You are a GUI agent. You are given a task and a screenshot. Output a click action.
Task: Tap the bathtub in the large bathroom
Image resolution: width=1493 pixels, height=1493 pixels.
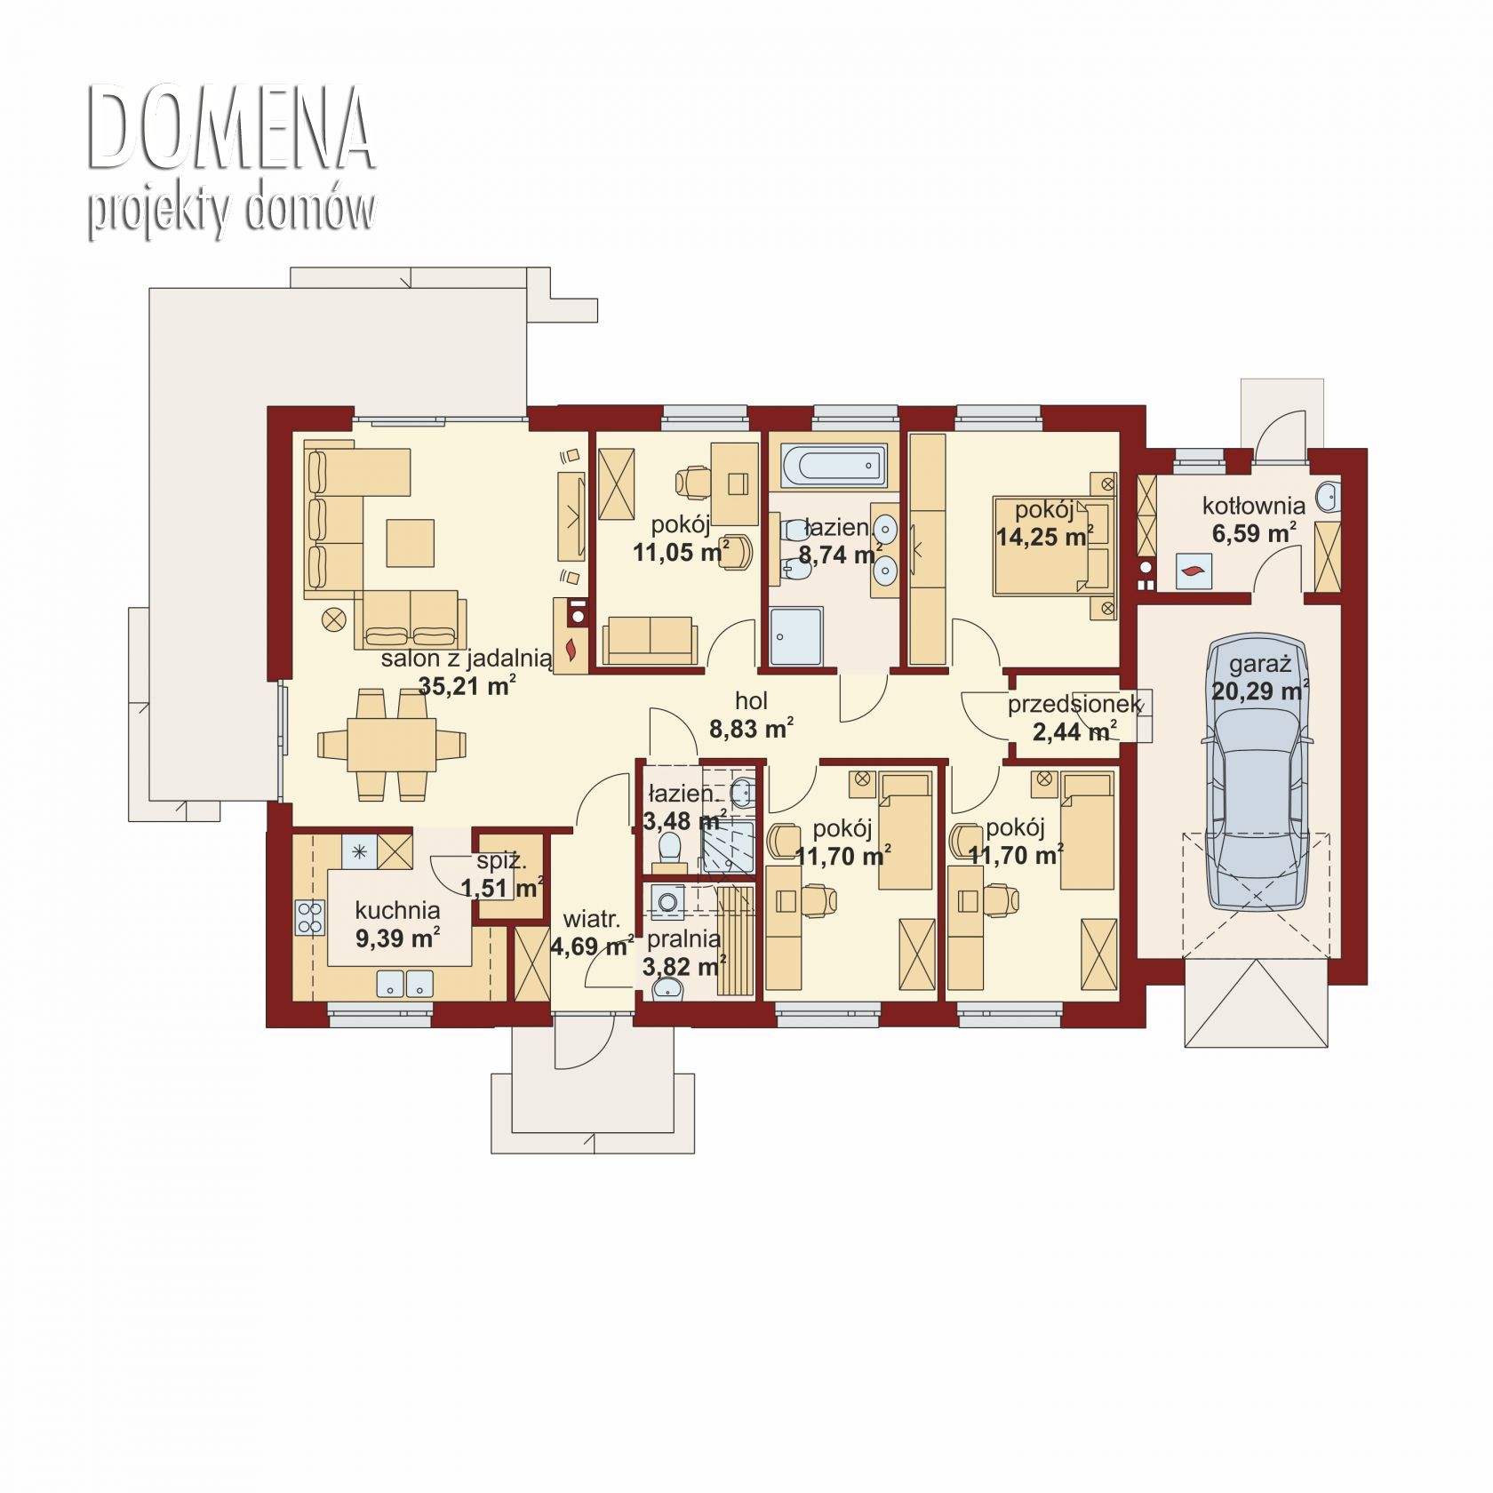pos(834,466)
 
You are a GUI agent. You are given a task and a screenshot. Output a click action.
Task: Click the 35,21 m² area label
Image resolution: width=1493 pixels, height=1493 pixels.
pos(467,686)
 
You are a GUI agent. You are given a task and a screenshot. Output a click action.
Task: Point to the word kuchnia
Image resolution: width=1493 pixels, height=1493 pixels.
pos(397,910)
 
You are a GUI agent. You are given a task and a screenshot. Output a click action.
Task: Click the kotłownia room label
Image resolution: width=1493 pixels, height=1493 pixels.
pos(1254,506)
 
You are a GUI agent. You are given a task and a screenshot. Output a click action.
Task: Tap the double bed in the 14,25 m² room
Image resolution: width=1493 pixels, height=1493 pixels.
pos(1054,546)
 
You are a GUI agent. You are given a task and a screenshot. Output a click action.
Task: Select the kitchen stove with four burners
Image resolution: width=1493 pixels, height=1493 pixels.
pos(310,918)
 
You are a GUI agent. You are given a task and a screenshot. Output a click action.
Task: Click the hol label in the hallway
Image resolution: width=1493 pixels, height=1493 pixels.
pos(751,701)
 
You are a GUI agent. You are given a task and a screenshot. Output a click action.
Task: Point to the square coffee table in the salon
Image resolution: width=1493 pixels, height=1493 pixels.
pos(411,542)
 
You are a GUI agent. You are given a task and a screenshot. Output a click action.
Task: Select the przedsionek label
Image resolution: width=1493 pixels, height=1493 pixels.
pos(1074,705)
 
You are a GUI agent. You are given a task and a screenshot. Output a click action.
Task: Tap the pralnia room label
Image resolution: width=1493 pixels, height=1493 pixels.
pos(683,938)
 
